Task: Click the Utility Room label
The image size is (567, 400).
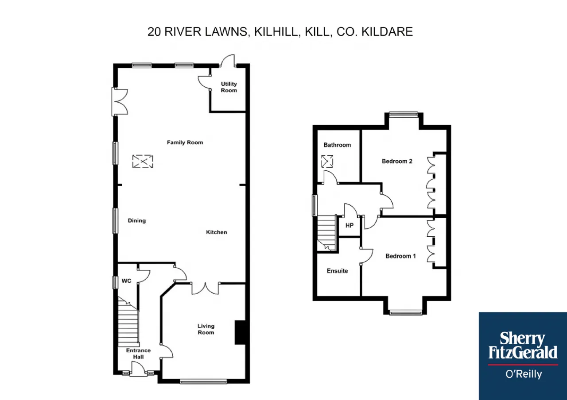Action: [x=229, y=87]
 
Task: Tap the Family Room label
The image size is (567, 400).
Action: [x=185, y=142]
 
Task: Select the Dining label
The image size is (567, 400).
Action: [x=137, y=220]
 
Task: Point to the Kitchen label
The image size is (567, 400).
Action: [x=217, y=232]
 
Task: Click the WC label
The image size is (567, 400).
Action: [x=127, y=281]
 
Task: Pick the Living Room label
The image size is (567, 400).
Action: [x=206, y=329]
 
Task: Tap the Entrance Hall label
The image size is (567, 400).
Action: [x=139, y=354]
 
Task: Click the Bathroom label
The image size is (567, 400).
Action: [x=337, y=145]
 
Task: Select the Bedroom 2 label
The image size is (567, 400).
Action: [x=397, y=161]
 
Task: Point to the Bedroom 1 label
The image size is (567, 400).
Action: [x=400, y=256]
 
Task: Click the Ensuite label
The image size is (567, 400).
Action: [x=337, y=271]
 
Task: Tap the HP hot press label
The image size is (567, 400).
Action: [x=350, y=225]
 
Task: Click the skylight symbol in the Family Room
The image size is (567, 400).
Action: [x=143, y=162]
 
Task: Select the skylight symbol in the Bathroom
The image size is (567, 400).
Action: [x=327, y=162]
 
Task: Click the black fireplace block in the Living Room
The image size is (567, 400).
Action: [x=240, y=332]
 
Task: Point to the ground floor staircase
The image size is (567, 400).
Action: [x=128, y=322]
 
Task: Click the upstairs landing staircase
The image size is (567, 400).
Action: [x=327, y=233]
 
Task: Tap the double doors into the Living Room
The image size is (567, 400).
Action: [x=205, y=289]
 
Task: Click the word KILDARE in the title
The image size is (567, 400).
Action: [x=387, y=32]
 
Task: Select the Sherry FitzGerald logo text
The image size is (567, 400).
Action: [x=523, y=346]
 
